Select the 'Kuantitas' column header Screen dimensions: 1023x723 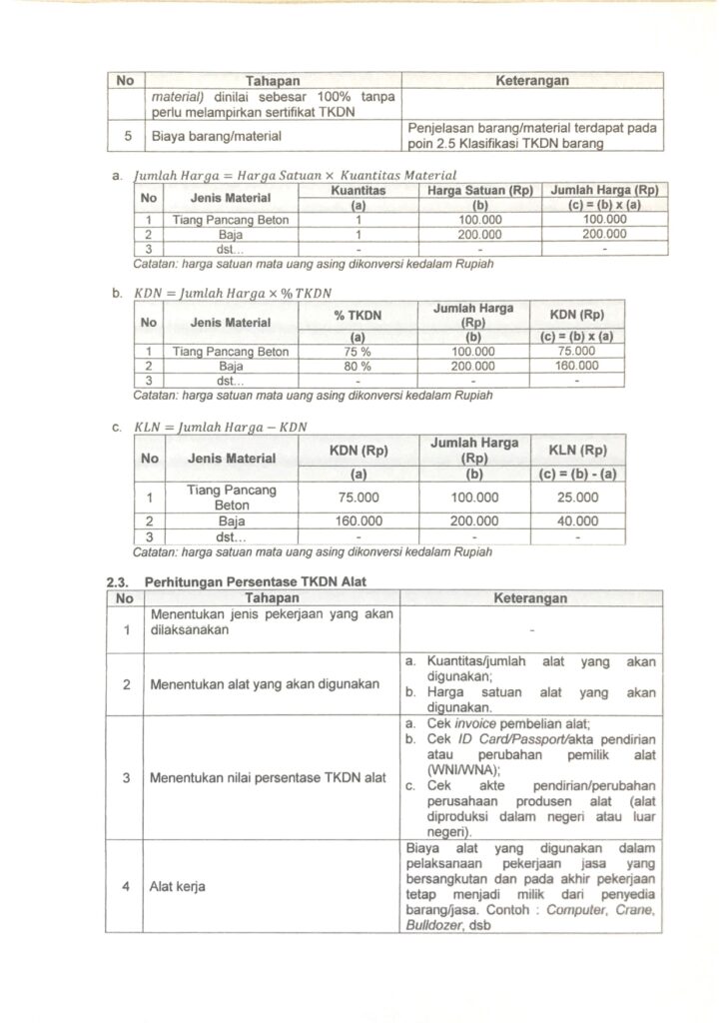[358, 190]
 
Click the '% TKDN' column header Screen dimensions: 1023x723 [358, 316]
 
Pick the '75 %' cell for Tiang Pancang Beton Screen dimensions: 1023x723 [358, 352]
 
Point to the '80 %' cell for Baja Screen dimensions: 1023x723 [358, 366]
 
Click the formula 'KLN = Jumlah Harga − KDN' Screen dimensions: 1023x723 [221, 428]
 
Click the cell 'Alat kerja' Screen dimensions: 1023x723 [174, 884]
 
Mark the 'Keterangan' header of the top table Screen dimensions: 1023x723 [531, 79]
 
